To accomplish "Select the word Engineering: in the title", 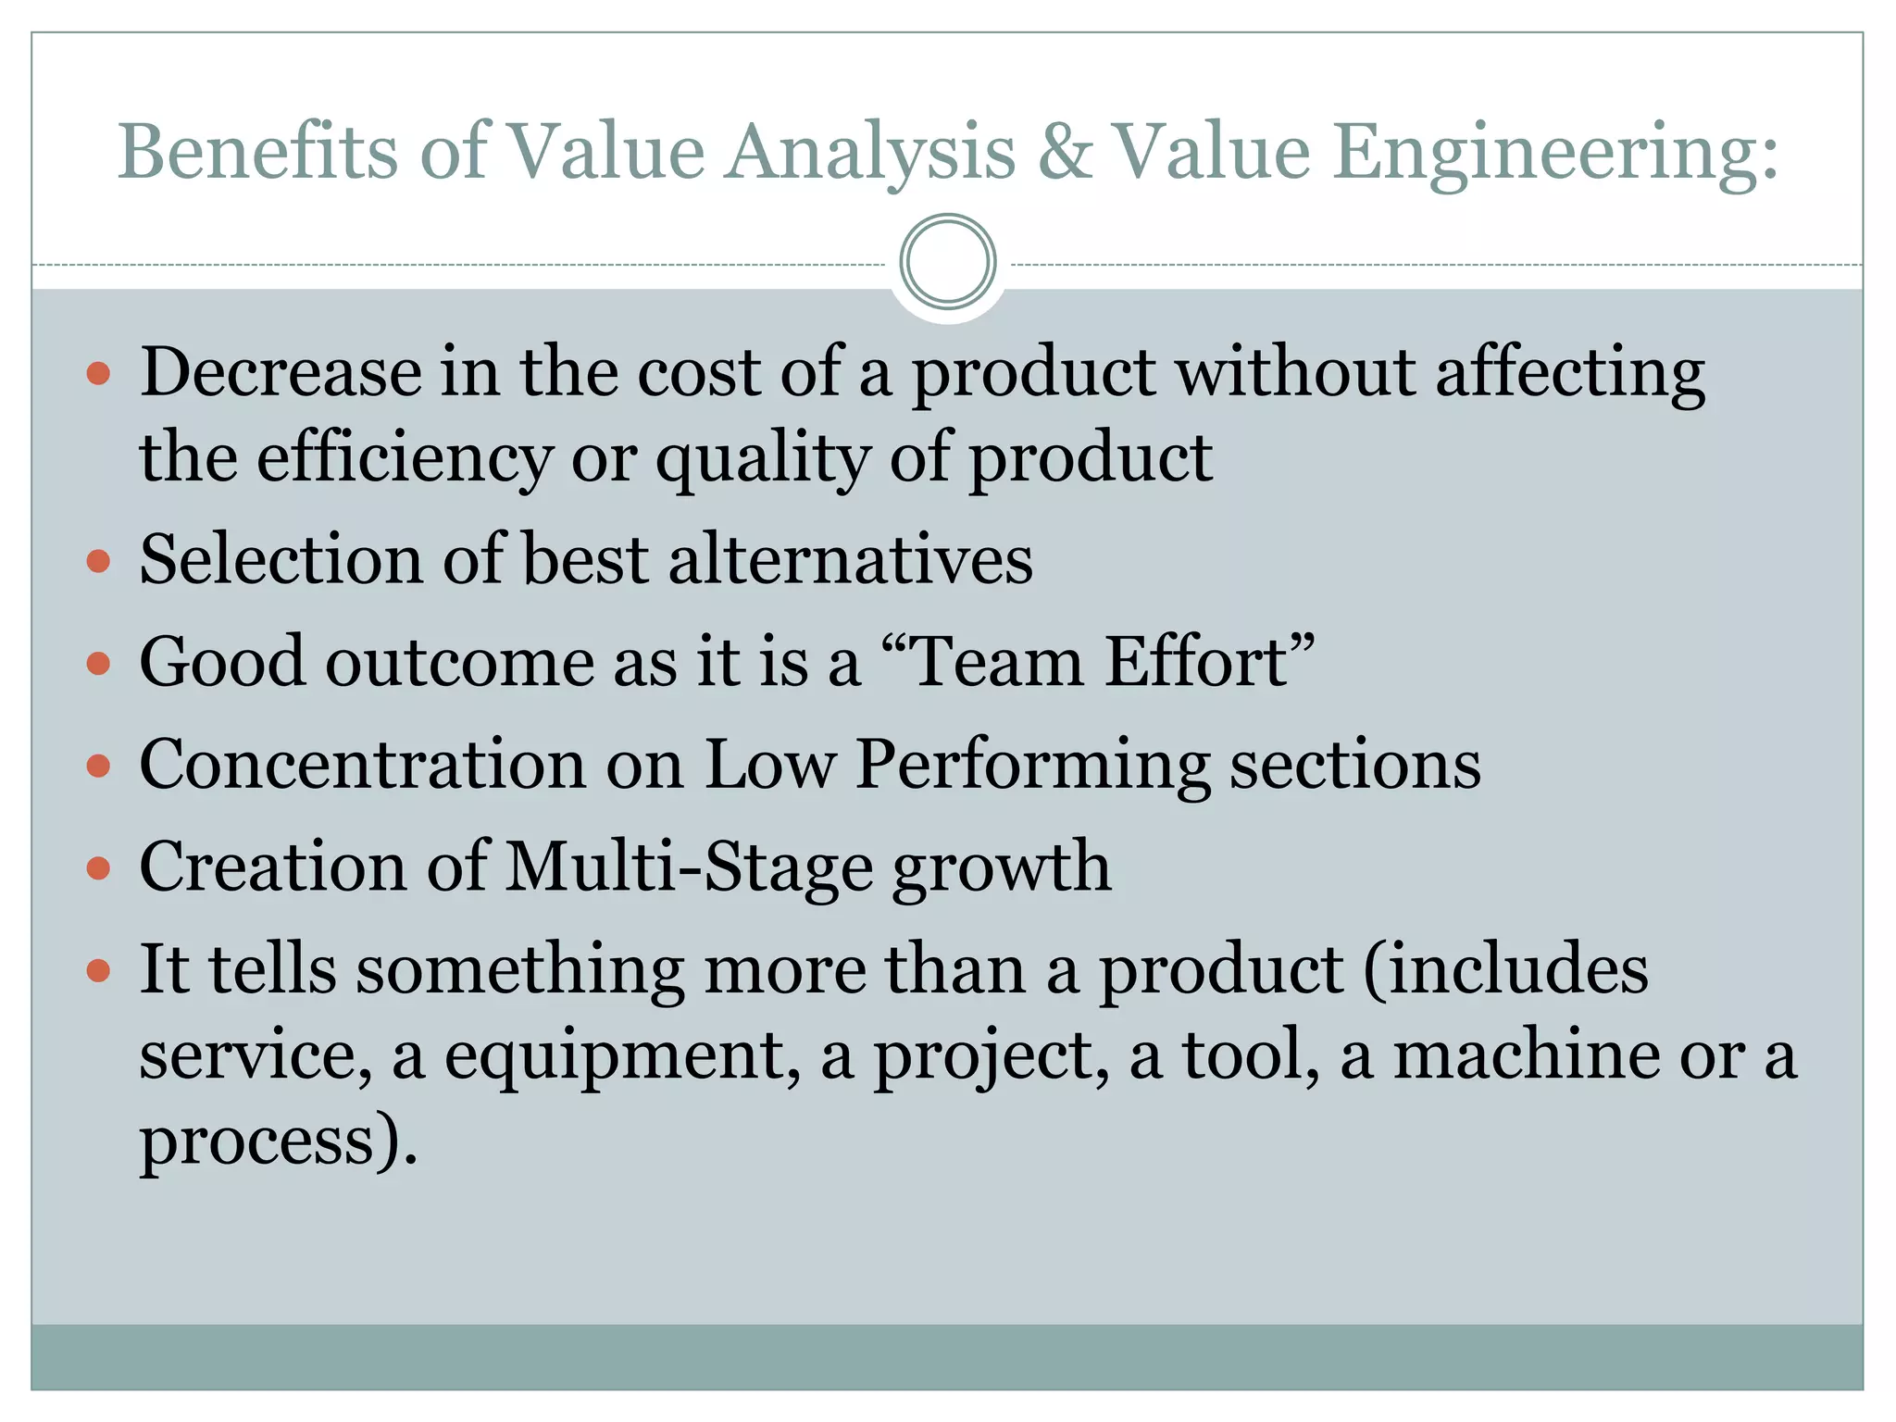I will point(1554,153).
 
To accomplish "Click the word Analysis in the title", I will point(869,153).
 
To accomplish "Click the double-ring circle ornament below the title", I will point(947,262).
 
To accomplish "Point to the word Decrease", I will point(281,371).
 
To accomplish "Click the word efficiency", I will point(404,458).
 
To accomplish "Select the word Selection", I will point(281,560).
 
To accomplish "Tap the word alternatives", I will point(850,560).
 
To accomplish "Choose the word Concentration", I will point(363,765).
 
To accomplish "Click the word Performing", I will point(1031,767).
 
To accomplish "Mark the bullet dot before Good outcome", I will point(98,664).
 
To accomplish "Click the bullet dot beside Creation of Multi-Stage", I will point(98,868).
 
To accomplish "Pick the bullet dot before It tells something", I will point(98,971).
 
